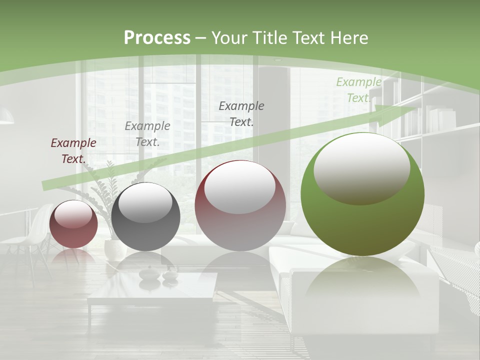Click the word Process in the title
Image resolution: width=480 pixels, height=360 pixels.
click(x=157, y=38)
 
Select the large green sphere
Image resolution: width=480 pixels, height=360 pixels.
click(x=362, y=225)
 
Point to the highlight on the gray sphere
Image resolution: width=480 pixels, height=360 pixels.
click(x=145, y=202)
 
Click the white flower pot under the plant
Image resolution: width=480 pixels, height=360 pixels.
click(x=114, y=250)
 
